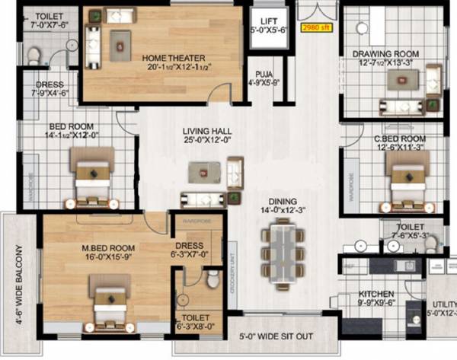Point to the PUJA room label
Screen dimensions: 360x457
click(264, 73)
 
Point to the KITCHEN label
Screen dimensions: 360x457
click(377, 293)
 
